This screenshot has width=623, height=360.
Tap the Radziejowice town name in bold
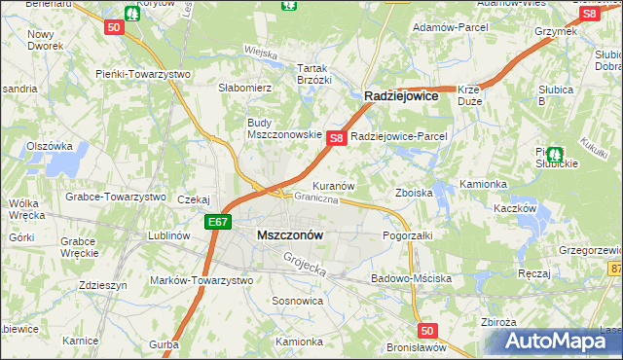click(402, 97)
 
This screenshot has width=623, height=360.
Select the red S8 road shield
click(336, 139)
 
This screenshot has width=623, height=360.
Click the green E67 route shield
click(218, 223)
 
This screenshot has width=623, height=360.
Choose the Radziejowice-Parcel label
click(398, 137)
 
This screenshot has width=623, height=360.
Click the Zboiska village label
click(414, 193)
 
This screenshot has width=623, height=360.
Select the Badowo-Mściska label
click(411, 278)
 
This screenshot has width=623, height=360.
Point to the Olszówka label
click(51, 146)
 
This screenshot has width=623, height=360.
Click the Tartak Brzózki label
click(314, 74)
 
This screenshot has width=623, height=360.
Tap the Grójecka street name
click(302, 262)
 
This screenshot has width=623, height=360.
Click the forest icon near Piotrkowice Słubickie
click(555, 154)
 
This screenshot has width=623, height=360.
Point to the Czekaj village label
click(194, 199)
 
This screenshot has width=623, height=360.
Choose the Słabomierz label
click(244, 88)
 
